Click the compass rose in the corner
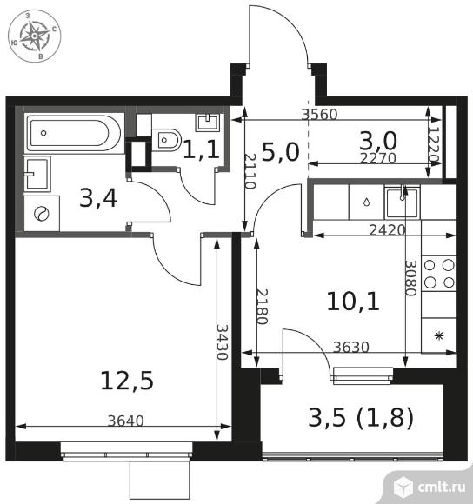(35, 36)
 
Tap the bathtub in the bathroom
(74, 133)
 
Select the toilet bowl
(166, 140)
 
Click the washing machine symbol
(42, 214)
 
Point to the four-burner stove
(439, 274)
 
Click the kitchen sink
(402, 203)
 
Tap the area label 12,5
(127, 381)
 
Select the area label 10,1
(353, 302)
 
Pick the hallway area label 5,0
(280, 152)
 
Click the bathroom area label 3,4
(98, 198)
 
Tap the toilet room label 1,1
(202, 150)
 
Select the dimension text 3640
(126, 421)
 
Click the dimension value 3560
(320, 115)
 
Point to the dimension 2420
(387, 229)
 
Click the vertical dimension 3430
(223, 342)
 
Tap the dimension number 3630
(351, 347)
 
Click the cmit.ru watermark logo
(430, 487)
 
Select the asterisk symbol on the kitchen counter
(439, 336)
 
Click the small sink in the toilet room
(208, 123)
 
